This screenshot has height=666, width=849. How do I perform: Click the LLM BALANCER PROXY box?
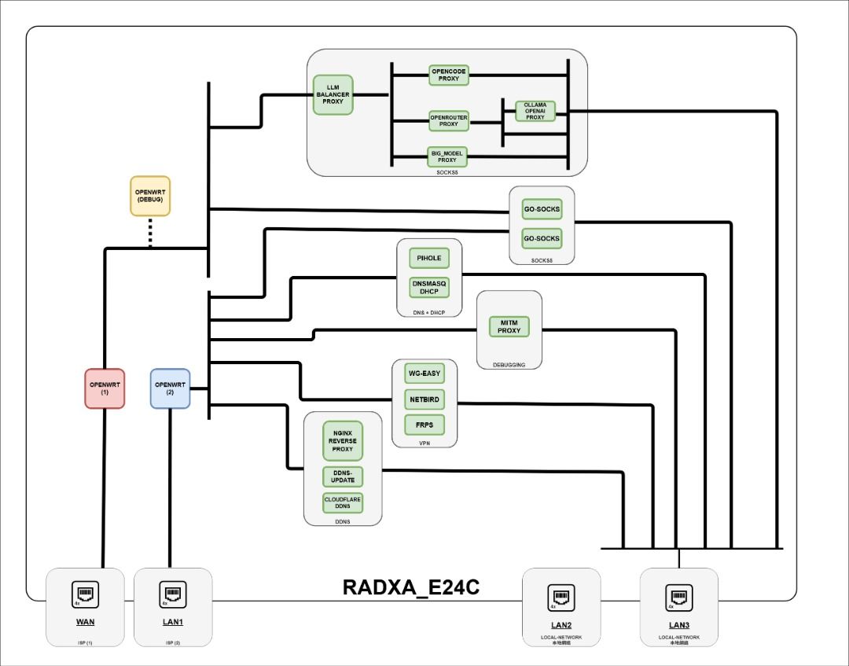[x=333, y=95]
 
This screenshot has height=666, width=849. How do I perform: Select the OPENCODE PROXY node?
[x=449, y=75]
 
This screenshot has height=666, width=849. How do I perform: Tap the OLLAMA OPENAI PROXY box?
[x=535, y=111]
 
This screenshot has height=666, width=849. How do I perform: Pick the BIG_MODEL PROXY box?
[x=447, y=156]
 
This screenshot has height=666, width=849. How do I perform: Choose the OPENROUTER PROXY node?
[x=449, y=120]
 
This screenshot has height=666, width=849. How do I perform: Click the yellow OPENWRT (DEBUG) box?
[x=149, y=196]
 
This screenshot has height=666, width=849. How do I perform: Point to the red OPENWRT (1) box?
[x=105, y=388]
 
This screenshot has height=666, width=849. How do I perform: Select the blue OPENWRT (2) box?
[x=170, y=388]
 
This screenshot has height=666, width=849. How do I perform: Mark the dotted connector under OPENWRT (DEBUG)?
[x=150, y=233]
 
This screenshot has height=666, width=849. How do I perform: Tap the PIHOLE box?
[x=429, y=258]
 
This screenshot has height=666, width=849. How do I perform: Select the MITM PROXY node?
[x=509, y=326]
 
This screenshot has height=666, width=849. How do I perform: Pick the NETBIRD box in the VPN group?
[x=424, y=399]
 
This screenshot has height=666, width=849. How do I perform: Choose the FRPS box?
[x=424, y=425]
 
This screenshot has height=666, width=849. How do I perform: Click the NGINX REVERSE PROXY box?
[x=343, y=441]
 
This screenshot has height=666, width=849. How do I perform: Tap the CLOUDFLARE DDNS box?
[x=343, y=502]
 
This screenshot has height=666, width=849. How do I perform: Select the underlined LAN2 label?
[x=561, y=624]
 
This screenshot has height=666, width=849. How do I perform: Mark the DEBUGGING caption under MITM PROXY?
[x=509, y=365]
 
